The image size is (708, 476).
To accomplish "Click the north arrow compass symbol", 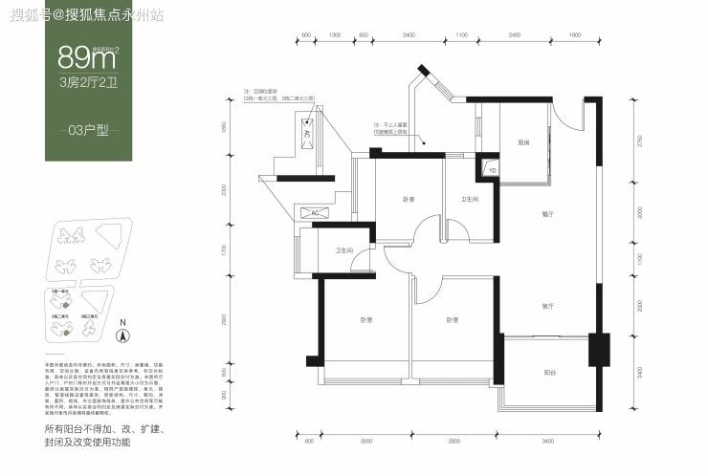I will [x=122, y=332].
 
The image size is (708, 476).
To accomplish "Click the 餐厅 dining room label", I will [x=547, y=214].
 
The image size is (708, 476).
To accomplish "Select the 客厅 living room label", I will [x=547, y=307].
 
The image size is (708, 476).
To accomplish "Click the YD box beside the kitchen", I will [x=494, y=169].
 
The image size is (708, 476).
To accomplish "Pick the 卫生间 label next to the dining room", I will [x=470, y=200].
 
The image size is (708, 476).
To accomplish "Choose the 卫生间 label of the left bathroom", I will [x=344, y=250].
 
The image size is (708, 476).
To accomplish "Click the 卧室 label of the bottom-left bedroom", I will [x=365, y=319].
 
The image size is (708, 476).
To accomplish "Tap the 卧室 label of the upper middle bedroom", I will [x=409, y=199].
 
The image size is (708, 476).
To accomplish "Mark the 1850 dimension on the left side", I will [x=224, y=128].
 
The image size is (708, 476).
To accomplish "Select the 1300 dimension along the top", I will [x=334, y=35].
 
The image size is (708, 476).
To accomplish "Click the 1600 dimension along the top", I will [x=575, y=35].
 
